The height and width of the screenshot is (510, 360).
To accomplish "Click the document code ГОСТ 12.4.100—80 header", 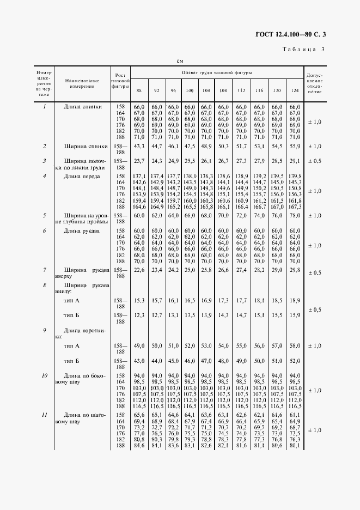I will pyautogui.click(x=294, y=35).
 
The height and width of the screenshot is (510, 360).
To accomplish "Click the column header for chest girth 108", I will pyautogui.click(x=223, y=89).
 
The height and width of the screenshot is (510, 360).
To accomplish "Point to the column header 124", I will pyautogui.click(x=295, y=89).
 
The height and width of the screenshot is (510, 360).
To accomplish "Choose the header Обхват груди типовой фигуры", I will pyautogui.click(x=216, y=72).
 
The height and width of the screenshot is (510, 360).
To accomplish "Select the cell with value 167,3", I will pyautogui.click(x=295, y=207).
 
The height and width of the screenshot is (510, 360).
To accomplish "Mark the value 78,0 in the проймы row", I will pyautogui.click(x=295, y=216).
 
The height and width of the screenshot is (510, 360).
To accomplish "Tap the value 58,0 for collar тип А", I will pyautogui.click(x=295, y=346).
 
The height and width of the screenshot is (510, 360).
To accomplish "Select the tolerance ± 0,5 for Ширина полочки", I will pyautogui.click(x=314, y=161).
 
